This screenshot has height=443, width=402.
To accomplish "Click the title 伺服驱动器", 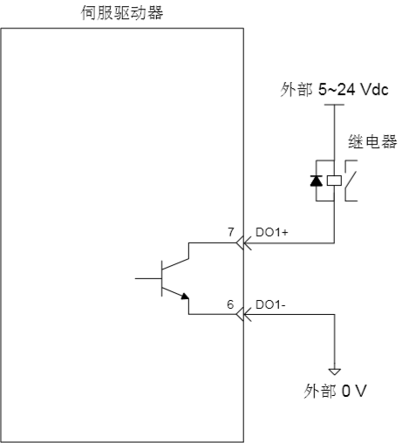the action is click(x=122, y=13).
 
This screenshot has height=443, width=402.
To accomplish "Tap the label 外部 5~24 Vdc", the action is click(x=334, y=89).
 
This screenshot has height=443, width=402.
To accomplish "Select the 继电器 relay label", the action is click(x=372, y=141).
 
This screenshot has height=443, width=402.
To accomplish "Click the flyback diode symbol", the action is click(x=317, y=181).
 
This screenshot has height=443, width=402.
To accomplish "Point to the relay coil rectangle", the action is click(x=334, y=181).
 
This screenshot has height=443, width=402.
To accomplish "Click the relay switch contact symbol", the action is click(x=351, y=181).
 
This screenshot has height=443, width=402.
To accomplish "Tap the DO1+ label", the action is click(x=272, y=232).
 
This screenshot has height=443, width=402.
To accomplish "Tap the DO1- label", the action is click(x=270, y=304).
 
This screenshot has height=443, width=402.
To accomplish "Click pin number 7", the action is click(x=231, y=232).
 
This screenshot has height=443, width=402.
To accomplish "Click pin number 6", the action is click(x=230, y=304).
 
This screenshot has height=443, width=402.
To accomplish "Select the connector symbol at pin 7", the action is click(x=243, y=242).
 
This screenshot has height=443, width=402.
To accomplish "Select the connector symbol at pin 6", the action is click(x=243, y=314).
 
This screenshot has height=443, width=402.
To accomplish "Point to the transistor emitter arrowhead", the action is click(x=185, y=296).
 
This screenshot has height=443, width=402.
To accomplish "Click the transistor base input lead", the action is click(x=148, y=278).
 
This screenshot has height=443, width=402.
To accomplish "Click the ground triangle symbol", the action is click(x=334, y=371).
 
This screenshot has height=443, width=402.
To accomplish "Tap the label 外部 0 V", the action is click(x=335, y=391).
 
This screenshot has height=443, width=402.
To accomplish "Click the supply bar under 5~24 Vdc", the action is click(x=334, y=105).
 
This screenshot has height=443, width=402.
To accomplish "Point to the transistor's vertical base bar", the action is click(x=162, y=278).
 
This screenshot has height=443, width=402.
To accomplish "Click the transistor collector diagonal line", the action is click(x=175, y=263).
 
